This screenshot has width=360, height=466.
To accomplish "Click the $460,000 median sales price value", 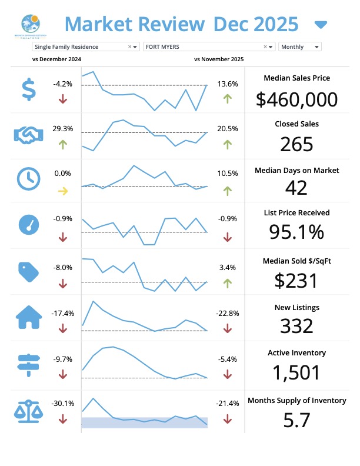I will (297, 99).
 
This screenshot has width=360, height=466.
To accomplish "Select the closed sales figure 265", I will (296, 145).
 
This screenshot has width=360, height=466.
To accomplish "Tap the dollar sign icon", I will (28, 89).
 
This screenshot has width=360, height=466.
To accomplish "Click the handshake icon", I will (27, 135).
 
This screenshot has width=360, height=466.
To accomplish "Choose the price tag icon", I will (28, 271).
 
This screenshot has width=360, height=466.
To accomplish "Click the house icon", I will (28, 318).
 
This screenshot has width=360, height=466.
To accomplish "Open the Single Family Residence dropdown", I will (86, 46).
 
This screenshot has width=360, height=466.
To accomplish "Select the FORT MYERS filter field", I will (209, 46).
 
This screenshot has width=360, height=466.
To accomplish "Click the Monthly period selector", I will (300, 46).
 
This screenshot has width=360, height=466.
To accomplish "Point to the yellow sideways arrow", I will (63, 191).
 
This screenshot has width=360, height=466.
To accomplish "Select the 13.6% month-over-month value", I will (228, 84).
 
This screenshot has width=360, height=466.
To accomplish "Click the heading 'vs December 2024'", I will (56, 59).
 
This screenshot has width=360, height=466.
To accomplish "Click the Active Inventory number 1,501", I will (296, 372).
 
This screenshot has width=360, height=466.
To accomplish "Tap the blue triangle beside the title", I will (321, 25).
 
